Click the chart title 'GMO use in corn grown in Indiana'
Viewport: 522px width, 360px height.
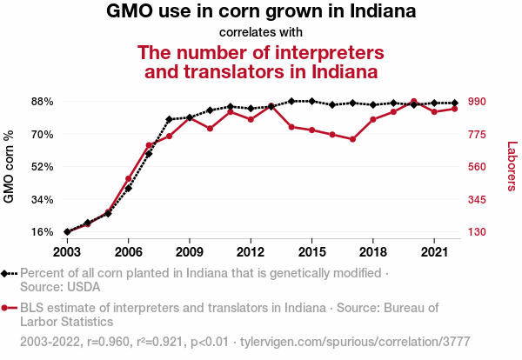(261, 12)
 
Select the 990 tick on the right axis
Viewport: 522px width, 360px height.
(480, 102)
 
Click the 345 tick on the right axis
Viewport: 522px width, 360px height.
(480, 200)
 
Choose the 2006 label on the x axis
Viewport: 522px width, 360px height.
(128, 251)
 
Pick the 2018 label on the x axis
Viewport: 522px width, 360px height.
(372, 251)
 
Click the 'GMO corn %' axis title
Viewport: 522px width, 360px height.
(10, 167)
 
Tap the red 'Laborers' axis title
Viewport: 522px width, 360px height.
(512, 166)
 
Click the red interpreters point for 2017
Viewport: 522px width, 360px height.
(352, 139)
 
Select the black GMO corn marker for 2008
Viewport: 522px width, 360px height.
(169, 119)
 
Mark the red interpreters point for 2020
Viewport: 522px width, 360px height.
(413, 102)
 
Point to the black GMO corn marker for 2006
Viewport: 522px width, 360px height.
(129, 188)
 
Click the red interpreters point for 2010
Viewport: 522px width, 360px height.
(210, 129)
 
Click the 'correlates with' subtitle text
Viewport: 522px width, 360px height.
(261, 33)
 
